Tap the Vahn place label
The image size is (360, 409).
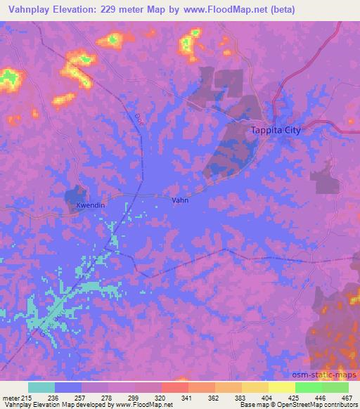click(x=179, y=200)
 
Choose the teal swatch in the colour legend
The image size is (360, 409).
click(x=41, y=387)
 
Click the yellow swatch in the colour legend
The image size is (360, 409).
click(x=281, y=387)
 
